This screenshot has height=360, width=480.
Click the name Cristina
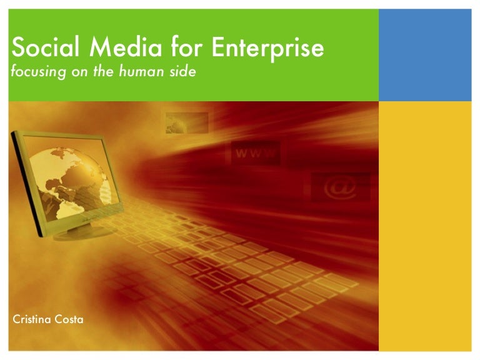click(32, 319)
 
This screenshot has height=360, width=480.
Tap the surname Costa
click(69, 319)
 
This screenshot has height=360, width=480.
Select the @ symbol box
click(341, 187)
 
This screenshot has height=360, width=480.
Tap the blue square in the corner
click(425, 55)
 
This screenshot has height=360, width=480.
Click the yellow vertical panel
click(425, 225)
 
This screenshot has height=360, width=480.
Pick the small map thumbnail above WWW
click(186, 124)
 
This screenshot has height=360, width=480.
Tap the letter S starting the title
click(17, 48)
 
